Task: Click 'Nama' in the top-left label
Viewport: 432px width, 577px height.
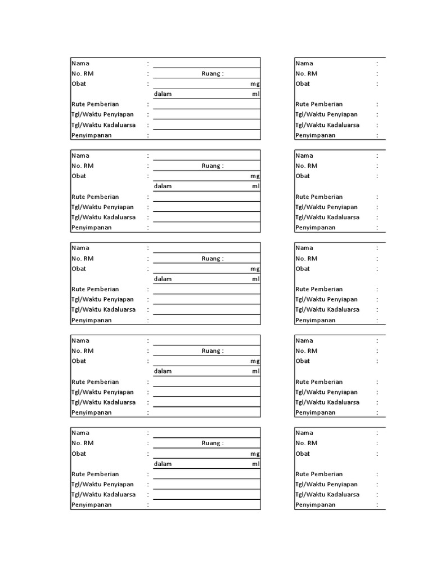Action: [80, 63]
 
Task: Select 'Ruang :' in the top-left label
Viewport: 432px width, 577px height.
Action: [213, 73]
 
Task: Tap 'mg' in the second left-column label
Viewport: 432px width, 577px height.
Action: [255, 176]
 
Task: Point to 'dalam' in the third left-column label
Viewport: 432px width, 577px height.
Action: [163, 279]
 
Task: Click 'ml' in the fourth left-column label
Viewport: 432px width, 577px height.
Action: [256, 371]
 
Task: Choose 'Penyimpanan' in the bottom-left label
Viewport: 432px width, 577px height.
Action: [91, 505]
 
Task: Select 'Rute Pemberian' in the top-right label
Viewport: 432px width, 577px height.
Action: [319, 104]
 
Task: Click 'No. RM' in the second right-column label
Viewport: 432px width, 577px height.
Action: [307, 166]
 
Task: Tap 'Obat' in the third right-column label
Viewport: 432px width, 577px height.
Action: [303, 269]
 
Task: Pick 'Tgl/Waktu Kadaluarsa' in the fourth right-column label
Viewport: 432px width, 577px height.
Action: [327, 402]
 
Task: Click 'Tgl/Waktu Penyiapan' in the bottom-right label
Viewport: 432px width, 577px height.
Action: [326, 485]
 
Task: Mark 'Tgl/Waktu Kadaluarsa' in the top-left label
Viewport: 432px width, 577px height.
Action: [103, 125]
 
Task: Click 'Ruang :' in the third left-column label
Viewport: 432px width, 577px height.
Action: [213, 259]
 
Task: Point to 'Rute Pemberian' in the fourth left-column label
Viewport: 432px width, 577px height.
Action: [95, 382]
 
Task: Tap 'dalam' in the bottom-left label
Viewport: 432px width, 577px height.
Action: [163, 464]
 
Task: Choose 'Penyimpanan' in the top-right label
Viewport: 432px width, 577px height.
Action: [315, 135]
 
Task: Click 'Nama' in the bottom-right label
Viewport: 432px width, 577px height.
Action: [304, 433]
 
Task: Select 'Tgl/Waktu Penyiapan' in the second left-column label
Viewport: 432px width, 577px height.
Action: [102, 207]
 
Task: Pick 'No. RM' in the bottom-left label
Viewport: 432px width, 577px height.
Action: [82, 443]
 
